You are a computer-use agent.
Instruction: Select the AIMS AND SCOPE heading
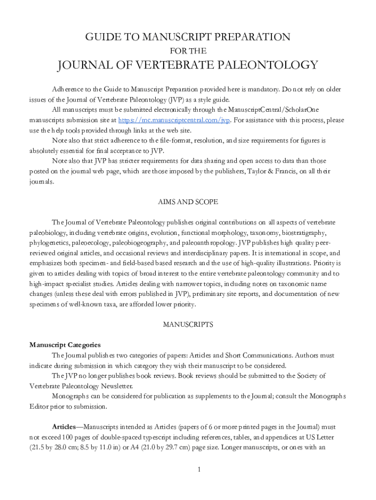(x=188, y=202)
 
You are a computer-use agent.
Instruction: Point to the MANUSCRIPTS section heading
(x=188, y=324)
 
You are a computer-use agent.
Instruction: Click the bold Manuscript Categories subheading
(x=65, y=345)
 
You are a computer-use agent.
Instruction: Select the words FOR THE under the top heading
(x=188, y=50)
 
